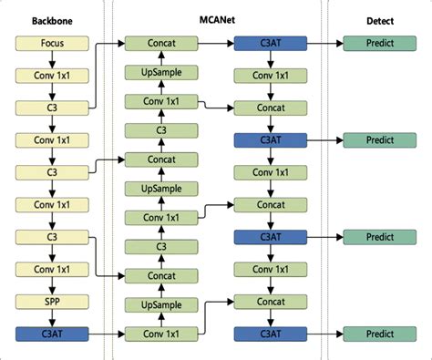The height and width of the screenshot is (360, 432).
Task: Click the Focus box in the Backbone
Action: coord(52,43)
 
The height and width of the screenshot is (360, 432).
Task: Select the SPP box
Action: coord(52,302)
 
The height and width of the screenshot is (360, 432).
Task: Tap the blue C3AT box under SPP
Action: coord(52,334)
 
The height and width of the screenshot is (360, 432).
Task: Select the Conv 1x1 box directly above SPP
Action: coord(52,269)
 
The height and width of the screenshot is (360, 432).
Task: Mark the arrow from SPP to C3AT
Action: coord(52,317)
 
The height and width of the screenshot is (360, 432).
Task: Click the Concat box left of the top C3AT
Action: coord(159,43)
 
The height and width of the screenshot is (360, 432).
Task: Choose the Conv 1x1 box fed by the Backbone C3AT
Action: coord(159,334)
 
